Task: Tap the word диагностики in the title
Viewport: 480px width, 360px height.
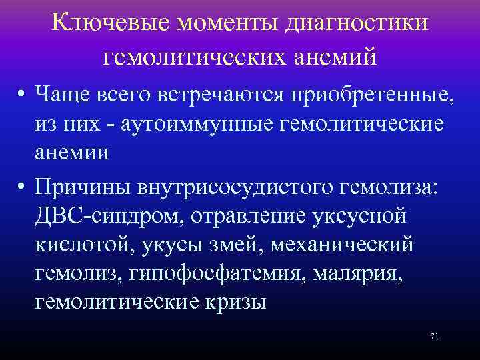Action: [356, 24]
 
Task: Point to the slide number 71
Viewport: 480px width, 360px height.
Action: [435, 336]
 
